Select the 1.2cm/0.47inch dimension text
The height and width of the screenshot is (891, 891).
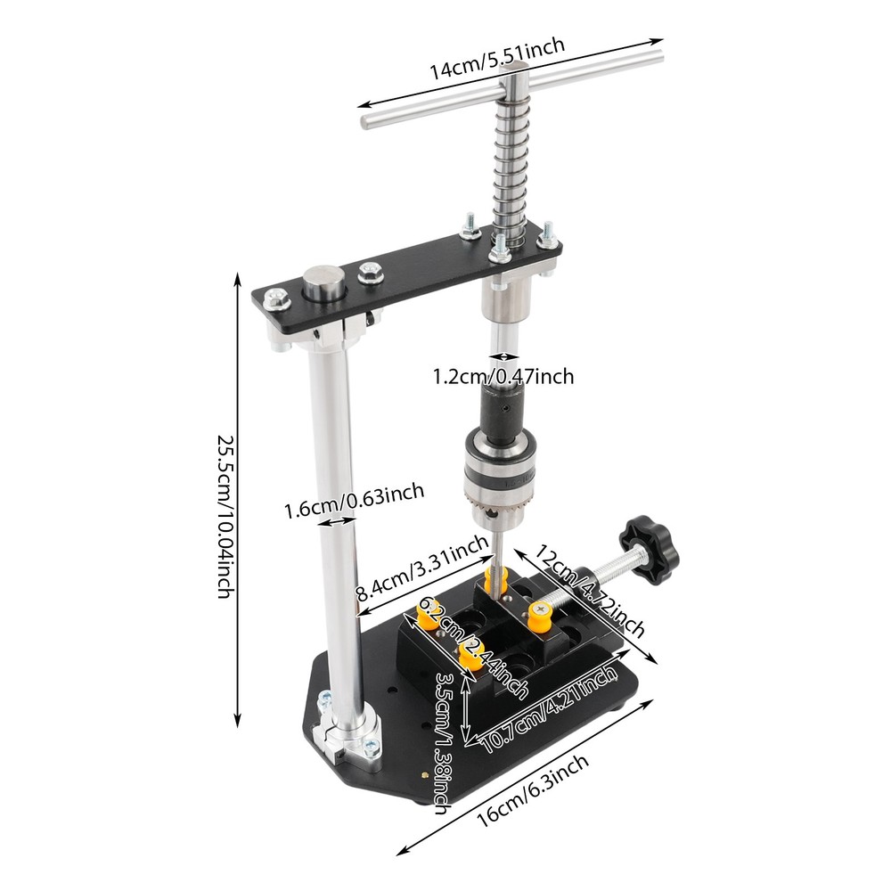(x=503, y=377)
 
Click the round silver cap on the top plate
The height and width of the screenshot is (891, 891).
(x=322, y=287)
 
